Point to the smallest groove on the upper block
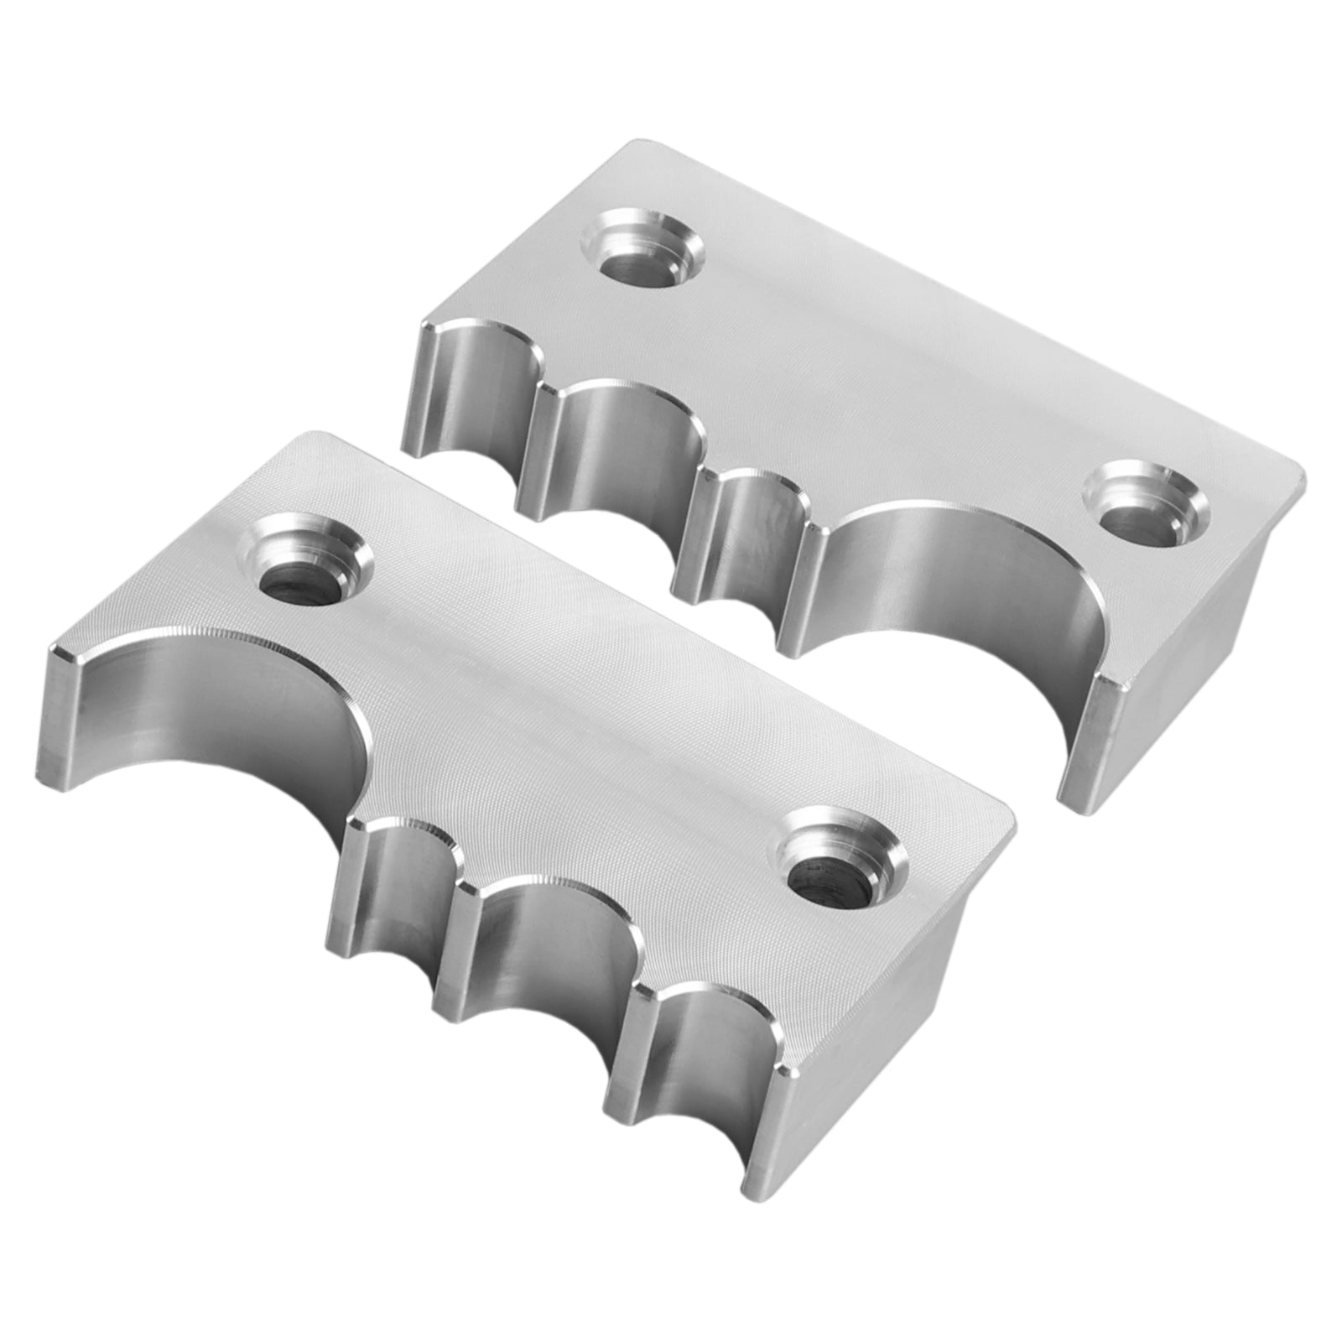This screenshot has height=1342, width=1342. click(x=746, y=537)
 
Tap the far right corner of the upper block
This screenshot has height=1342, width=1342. click(x=1303, y=478)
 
